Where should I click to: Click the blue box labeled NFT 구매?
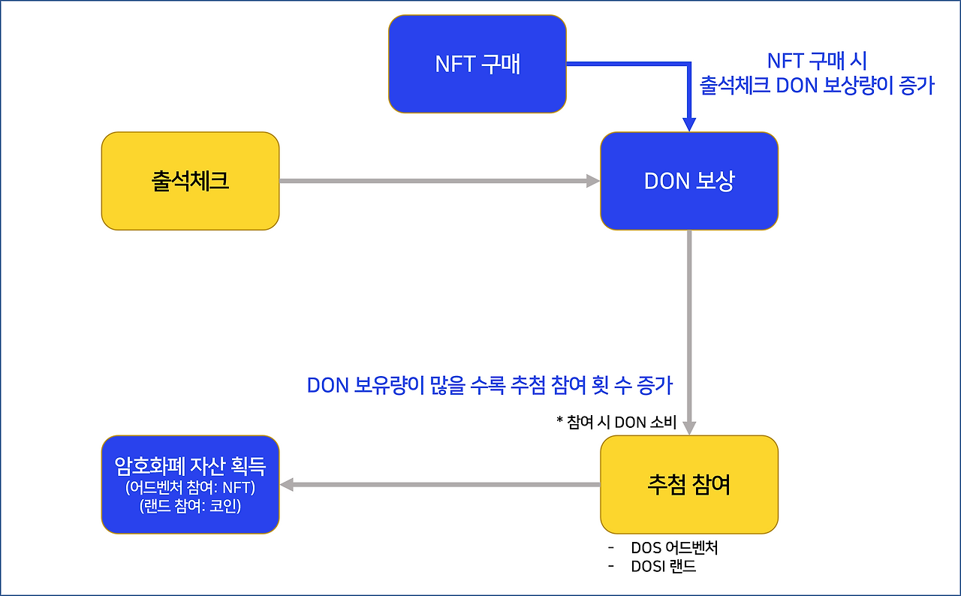click(x=477, y=65)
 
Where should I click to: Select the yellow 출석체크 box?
click(x=190, y=181)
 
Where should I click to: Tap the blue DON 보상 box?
click(x=688, y=181)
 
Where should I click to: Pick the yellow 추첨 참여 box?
click(x=688, y=484)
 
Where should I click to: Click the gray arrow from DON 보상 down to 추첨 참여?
click(x=689, y=330)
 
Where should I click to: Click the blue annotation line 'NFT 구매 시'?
click(x=817, y=61)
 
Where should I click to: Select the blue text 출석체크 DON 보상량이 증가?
click(x=817, y=86)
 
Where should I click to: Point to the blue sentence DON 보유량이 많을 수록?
click(x=490, y=385)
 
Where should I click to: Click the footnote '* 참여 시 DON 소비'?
click(x=616, y=423)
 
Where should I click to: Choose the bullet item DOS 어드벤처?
click(x=674, y=547)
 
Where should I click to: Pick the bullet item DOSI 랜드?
click(x=664, y=566)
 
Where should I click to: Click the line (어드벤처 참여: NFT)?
click(x=190, y=488)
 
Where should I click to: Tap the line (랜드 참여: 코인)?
click(x=190, y=507)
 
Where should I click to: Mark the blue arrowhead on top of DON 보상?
click(x=689, y=126)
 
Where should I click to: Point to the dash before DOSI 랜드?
click(x=611, y=565)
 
